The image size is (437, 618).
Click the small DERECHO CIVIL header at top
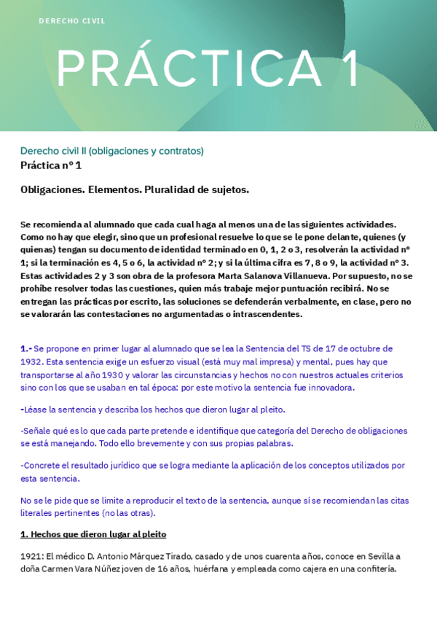click(72, 21)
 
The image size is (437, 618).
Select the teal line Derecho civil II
click(112, 151)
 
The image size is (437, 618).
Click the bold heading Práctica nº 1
click(51, 165)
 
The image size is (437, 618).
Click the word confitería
click(371, 569)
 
